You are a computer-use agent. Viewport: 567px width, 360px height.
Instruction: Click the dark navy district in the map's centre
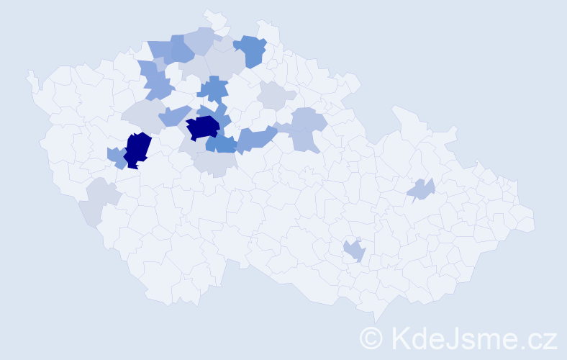click(x=203, y=127)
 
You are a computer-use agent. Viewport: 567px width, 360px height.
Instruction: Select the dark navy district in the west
click(x=137, y=149)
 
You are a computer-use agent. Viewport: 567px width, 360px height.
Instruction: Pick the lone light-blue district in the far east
click(x=421, y=190)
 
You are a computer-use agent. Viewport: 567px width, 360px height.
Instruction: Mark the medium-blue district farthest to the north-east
click(x=251, y=50)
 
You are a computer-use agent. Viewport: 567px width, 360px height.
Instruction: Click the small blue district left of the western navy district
click(x=116, y=156)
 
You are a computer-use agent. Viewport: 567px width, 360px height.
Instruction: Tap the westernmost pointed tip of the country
click(x=29, y=73)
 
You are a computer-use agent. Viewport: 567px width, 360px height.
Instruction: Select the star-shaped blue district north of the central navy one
click(x=213, y=90)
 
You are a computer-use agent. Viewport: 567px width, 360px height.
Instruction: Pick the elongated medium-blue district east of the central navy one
click(x=256, y=138)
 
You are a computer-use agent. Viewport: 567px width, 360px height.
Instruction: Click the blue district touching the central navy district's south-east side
click(x=222, y=143)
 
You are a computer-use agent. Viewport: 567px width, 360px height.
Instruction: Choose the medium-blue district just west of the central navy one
click(x=174, y=115)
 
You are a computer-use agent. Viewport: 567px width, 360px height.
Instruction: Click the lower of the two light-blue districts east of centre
click(x=305, y=140)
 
